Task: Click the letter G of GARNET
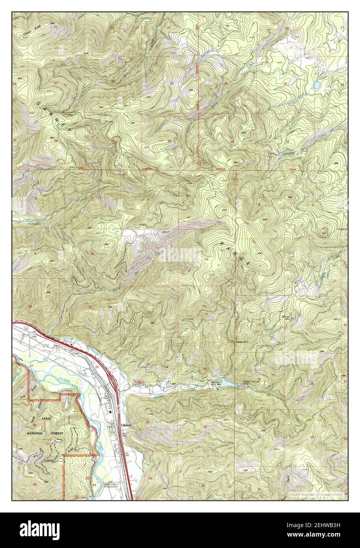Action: pyautogui.click(x=38, y=103)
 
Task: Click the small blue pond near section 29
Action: pyautogui.click(x=317, y=85)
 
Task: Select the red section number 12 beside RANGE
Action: pyautogui.click(x=206, y=259)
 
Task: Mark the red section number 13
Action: pyautogui.click(x=206, y=314)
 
